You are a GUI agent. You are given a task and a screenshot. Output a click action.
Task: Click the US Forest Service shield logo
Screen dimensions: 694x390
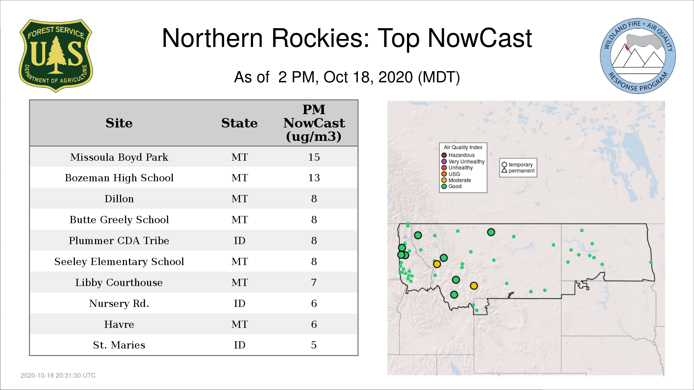pyautogui.click(x=56, y=56)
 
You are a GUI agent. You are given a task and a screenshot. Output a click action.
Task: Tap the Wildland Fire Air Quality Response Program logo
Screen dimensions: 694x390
pyautogui.click(x=638, y=56)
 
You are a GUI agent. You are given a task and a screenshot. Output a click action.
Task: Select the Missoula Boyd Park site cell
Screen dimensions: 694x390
pyautogui.click(x=119, y=157)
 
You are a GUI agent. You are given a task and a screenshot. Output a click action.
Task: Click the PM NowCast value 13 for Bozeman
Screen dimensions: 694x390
pyautogui.click(x=314, y=178)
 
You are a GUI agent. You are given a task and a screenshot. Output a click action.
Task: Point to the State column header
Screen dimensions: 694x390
pyautogui.click(x=239, y=123)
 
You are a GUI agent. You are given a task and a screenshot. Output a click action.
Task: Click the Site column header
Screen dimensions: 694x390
pyautogui.click(x=119, y=123)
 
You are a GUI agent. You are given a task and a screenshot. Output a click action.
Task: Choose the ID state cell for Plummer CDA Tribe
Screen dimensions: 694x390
pyautogui.click(x=240, y=240)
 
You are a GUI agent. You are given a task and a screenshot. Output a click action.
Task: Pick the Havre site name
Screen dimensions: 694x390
pyautogui.click(x=119, y=324)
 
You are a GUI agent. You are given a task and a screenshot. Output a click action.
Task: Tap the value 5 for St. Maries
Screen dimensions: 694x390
pyautogui.click(x=314, y=345)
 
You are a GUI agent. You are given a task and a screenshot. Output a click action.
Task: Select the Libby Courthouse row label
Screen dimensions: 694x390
pyautogui.click(x=119, y=282)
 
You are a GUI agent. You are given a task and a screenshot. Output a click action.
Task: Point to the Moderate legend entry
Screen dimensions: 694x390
pyautogui.click(x=456, y=180)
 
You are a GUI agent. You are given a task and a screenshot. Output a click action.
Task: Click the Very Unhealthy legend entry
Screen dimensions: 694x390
pyautogui.click(x=463, y=161)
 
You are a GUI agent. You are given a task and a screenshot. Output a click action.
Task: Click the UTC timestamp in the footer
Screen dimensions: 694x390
pyautogui.click(x=58, y=376)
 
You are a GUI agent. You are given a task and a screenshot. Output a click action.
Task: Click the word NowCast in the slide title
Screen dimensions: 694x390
pyautogui.click(x=480, y=38)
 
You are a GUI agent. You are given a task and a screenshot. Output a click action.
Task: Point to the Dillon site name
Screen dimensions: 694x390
pyautogui.click(x=119, y=199)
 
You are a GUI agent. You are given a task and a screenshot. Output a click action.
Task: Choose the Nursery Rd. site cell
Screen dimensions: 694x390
pyautogui.click(x=119, y=303)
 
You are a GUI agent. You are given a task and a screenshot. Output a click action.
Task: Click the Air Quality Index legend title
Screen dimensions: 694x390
pyautogui.click(x=463, y=147)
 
